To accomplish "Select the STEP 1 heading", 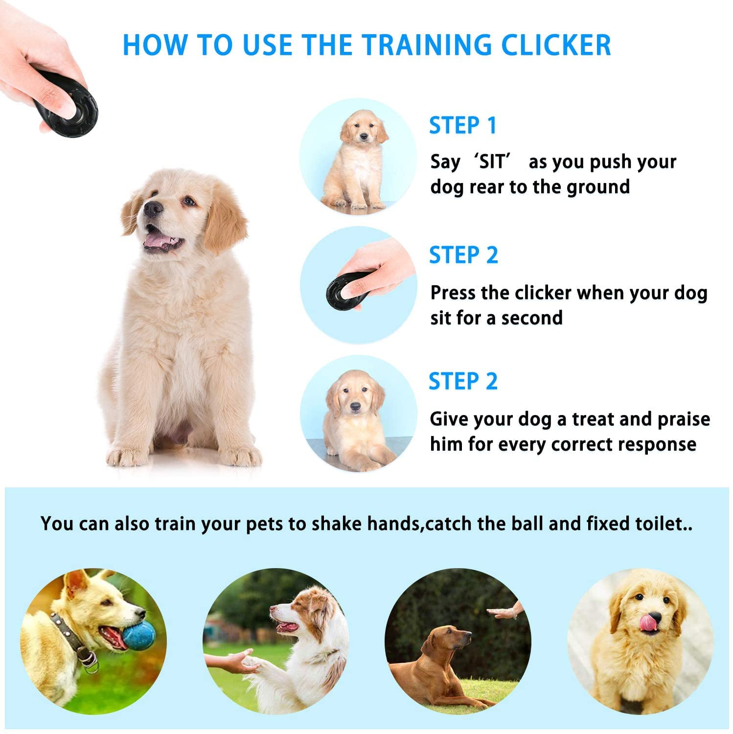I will [x=463, y=125].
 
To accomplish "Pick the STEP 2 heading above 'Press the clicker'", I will [x=463, y=255].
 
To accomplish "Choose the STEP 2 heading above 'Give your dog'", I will [x=463, y=381].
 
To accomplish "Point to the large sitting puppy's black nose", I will [x=153, y=209].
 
